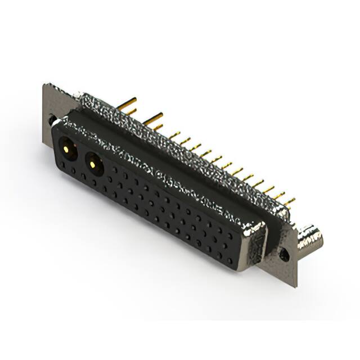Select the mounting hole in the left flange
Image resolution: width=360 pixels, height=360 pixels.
coord(52,120)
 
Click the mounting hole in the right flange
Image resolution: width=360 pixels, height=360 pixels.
coord(285,255)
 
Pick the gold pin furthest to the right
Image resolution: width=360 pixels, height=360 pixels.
coord(290,200)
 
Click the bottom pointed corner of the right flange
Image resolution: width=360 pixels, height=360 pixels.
coord(295,286)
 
